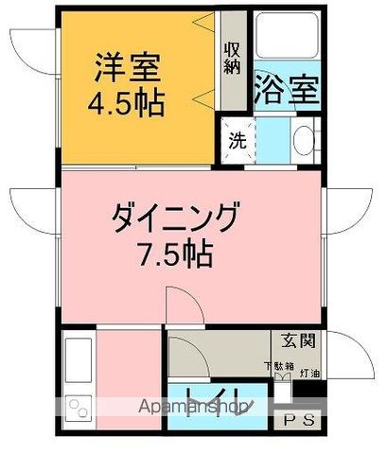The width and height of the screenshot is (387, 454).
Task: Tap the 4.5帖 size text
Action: coord(127,101)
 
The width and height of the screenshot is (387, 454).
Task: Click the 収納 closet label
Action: coord(232,58)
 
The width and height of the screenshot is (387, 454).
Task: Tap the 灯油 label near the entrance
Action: coord(309,374)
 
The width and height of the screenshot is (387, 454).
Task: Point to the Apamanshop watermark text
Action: coord(194,408)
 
